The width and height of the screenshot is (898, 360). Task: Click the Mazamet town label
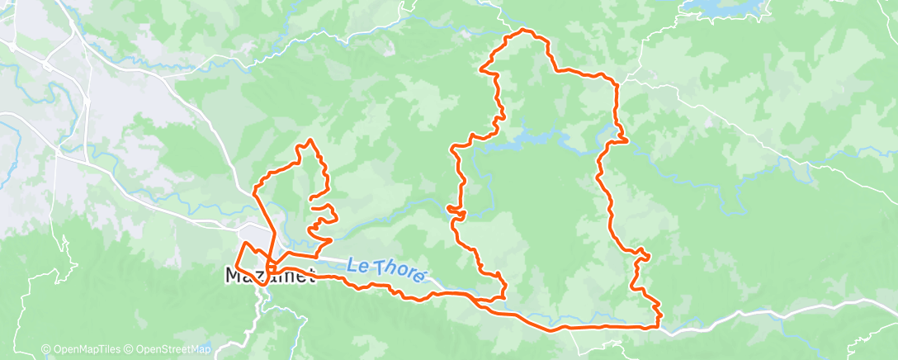click(x=271, y=275)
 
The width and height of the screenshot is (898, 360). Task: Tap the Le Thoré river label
click(x=386, y=268)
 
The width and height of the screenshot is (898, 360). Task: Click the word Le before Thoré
click(x=356, y=264)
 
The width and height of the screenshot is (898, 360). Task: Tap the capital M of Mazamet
click(x=234, y=275)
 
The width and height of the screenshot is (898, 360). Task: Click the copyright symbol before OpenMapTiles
click(x=46, y=349)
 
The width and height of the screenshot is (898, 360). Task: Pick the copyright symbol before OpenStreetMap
click(x=130, y=349)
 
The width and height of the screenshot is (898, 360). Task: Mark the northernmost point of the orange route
click(x=522, y=31)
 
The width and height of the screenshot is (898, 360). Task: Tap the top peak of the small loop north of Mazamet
click(x=310, y=140)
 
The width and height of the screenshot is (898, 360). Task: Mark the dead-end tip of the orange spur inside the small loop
click(x=310, y=199)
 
